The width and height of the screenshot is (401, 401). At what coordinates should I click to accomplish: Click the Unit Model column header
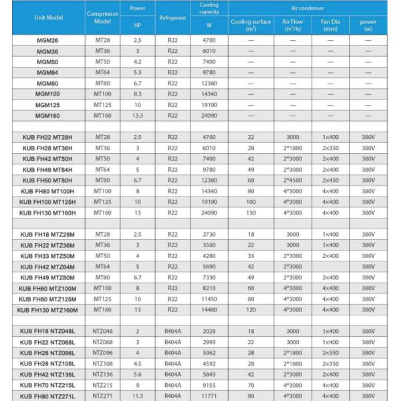tap(44, 16)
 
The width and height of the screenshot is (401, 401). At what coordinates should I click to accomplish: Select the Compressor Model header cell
tap(103, 17)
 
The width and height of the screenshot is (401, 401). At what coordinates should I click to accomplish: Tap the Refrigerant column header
tap(172, 17)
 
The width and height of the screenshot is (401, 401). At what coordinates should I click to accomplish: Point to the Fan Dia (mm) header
tap(330, 25)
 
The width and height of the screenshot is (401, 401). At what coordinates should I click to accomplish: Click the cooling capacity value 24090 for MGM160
tap(209, 115)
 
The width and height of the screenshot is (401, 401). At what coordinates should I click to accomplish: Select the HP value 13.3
tap(138, 115)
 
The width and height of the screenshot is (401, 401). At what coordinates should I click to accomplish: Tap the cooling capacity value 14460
tap(209, 309)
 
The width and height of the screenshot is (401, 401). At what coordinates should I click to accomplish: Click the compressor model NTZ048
tap(103, 331)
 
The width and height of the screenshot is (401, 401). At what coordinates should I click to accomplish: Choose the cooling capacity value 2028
tap(209, 331)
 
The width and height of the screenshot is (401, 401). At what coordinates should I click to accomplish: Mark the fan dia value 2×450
tap(330, 180)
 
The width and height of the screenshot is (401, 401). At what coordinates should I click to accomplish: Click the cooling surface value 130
tap(251, 212)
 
